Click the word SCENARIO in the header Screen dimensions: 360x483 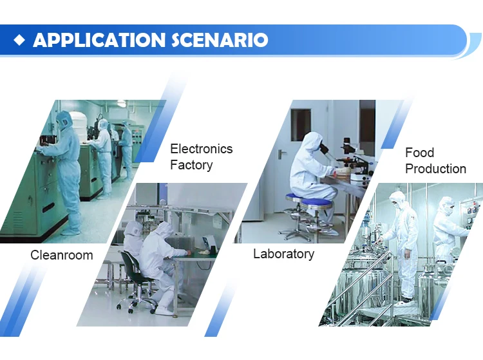219,40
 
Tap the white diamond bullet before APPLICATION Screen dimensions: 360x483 20,40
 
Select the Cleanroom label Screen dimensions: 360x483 62,255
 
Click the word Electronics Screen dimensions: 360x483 201,149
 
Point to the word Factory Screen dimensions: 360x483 191,165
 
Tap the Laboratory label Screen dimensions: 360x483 283,254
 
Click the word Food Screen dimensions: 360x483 419,153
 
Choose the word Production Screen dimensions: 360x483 435,169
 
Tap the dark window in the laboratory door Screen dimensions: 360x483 300,124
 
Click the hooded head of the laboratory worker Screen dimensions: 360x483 314,143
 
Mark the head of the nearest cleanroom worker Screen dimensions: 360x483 64,120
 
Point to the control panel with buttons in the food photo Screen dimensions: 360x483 471,209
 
